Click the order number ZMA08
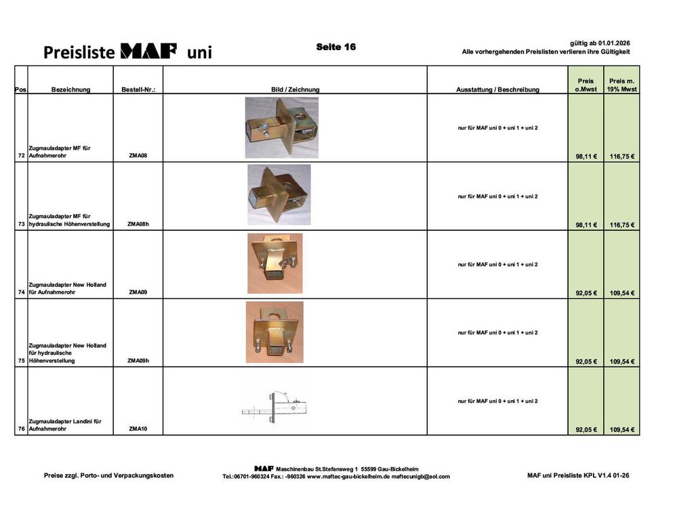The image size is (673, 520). (138, 156)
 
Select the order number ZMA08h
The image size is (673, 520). (138, 224)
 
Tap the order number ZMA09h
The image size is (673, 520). (138, 361)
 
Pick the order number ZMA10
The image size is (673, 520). (138, 429)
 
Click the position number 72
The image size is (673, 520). (21, 156)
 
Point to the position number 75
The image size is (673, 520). (21, 361)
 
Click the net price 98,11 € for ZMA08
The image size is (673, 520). (586, 156)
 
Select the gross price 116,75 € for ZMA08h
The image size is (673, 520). (621, 225)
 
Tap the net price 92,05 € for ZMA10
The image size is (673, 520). (586, 430)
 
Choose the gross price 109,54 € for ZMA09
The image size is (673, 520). (621, 293)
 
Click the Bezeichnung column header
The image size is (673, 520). (70, 89)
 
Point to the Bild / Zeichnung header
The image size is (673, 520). (295, 89)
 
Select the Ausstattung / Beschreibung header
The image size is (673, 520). (497, 89)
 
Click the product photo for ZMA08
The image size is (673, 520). (281, 127)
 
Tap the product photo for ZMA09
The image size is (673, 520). (274, 263)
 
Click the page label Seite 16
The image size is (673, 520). (335, 47)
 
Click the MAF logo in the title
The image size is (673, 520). (148, 51)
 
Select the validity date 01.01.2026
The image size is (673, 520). (614, 43)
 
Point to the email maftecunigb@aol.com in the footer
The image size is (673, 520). (420, 477)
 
